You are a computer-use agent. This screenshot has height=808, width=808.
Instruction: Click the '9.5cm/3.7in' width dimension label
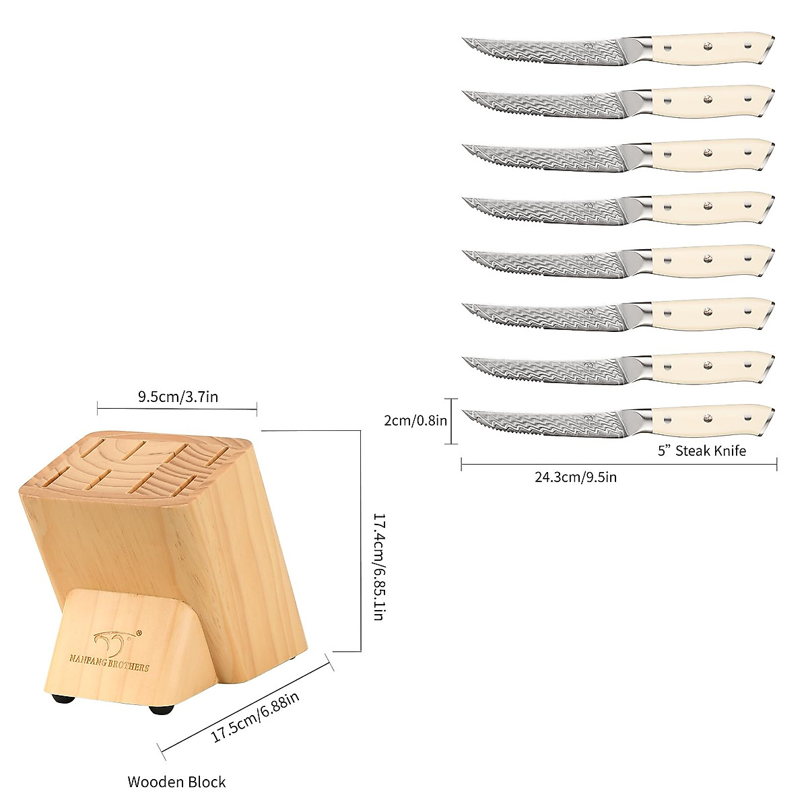(x=178, y=397)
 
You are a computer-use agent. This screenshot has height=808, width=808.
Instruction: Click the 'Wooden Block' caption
(x=176, y=782)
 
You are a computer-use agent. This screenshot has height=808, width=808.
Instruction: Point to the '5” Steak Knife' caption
(x=702, y=450)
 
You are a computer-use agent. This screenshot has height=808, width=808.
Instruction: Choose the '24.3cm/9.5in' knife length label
(x=576, y=477)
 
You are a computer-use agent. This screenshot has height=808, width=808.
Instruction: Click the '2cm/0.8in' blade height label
(x=415, y=421)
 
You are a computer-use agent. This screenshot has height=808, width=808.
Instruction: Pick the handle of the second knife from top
(x=707, y=100)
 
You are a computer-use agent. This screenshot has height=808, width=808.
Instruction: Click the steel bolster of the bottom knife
(x=641, y=419)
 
